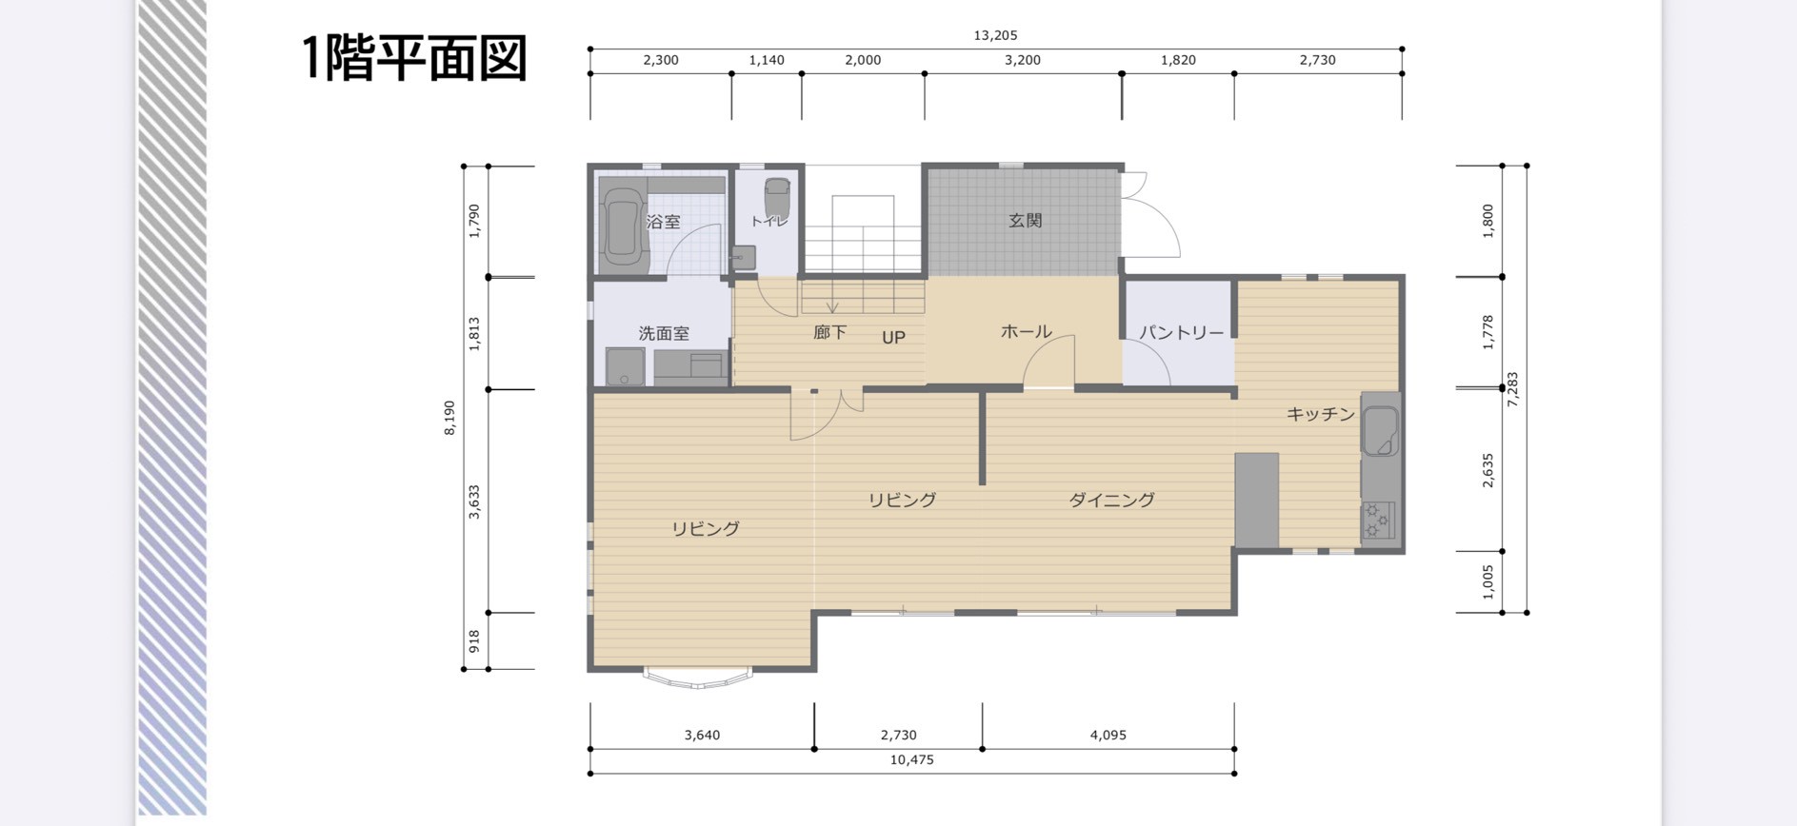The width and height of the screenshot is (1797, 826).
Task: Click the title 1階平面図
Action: (x=414, y=58)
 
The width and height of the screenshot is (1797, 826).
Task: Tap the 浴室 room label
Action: (x=663, y=222)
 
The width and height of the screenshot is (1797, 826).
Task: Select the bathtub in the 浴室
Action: (x=624, y=225)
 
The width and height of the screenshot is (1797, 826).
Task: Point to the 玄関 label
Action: (x=1025, y=221)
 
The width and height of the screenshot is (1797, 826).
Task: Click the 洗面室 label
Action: (x=664, y=334)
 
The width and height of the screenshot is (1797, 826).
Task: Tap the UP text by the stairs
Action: (x=893, y=338)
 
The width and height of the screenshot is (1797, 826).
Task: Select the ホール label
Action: (x=1026, y=332)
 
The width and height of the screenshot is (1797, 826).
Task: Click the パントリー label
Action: (x=1182, y=333)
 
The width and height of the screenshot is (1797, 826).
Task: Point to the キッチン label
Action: (x=1321, y=414)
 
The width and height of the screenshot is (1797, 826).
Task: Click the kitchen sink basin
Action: (x=1380, y=431)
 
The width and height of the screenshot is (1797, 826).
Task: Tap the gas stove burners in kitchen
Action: (x=1378, y=520)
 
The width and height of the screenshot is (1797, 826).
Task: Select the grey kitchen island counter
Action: (x=1257, y=501)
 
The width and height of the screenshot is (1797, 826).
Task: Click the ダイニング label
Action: (x=1111, y=500)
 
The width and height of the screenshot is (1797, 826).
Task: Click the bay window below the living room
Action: (x=698, y=678)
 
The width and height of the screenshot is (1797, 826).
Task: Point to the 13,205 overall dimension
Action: (x=995, y=35)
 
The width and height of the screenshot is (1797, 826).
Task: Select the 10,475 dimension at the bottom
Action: (x=911, y=759)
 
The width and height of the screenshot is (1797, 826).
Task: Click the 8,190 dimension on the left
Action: (x=449, y=418)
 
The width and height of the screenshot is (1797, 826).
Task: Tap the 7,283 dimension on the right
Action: (x=1512, y=389)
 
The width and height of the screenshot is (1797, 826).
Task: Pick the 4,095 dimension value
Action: (x=1108, y=735)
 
